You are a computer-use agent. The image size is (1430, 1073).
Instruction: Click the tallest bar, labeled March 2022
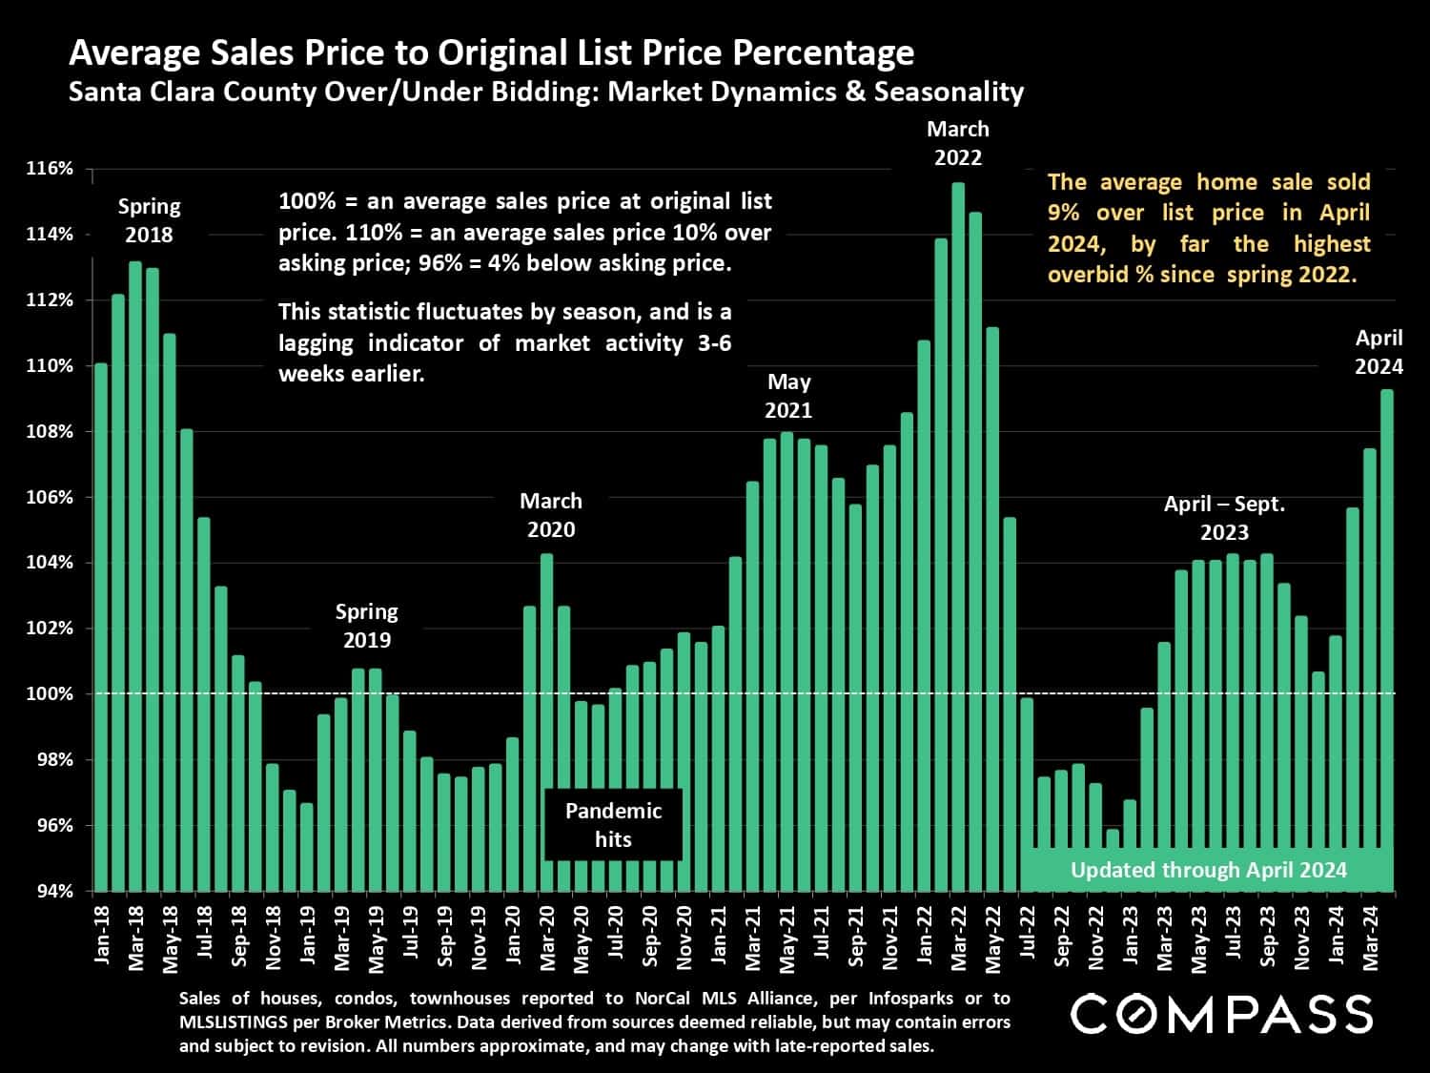pos(958,534)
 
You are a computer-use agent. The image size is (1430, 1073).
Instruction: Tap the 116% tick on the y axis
pos(51,169)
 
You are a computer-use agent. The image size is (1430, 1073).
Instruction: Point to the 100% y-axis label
pos(51,694)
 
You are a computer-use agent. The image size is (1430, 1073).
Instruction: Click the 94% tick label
pos(53,891)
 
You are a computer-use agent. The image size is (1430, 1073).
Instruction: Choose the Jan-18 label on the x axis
pos(102,939)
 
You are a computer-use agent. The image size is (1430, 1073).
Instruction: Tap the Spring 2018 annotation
pos(149,220)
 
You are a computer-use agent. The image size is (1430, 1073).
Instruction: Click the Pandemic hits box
pos(613,825)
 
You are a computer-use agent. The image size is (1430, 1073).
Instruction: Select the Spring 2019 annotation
pos(367,626)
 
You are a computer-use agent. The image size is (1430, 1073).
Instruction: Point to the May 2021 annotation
pos(789,396)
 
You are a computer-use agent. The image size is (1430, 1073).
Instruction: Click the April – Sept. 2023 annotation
pos(1224,518)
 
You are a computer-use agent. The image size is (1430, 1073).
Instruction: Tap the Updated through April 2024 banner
pos(1208,870)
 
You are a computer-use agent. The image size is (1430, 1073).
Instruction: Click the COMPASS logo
pos(1221,1013)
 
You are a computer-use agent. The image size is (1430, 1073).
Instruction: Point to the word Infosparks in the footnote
pos(915,999)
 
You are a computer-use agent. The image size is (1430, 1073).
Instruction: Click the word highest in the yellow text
pos(1332,243)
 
